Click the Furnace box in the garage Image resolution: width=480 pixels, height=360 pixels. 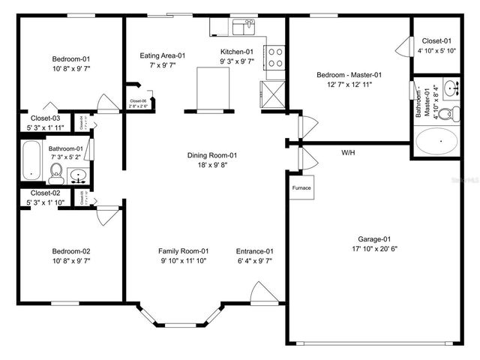click(x=301, y=187)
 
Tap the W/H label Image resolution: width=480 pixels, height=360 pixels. click(x=348, y=153)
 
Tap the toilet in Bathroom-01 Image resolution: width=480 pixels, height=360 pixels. click(x=55, y=175)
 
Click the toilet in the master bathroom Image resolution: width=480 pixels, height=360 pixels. click(x=447, y=114)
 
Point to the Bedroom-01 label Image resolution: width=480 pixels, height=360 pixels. click(x=71, y=58)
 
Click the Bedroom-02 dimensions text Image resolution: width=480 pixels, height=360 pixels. click(x=71, y=260)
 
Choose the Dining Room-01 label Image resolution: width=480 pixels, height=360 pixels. click(x=212, y=155)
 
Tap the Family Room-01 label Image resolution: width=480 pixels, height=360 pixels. click(x=183, y=250)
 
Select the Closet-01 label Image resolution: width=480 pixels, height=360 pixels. click(x=436, y=40)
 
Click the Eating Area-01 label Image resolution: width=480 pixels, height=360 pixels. click(x=163, y=55)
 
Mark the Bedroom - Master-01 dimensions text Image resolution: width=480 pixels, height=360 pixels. click(x=349, y=84)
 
